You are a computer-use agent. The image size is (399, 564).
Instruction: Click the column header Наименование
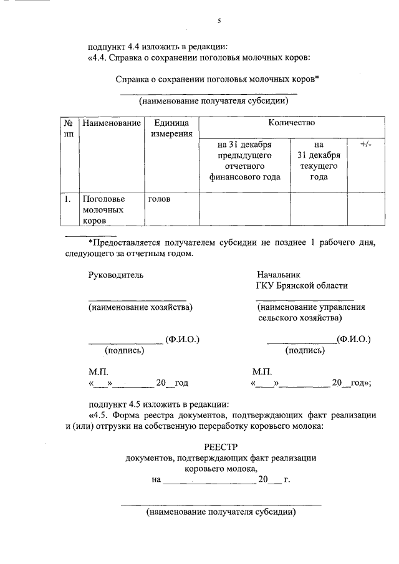point(111,123)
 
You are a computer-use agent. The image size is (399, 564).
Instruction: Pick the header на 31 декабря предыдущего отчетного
point(244,160)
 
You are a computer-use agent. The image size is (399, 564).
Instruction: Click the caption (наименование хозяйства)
point(140,307)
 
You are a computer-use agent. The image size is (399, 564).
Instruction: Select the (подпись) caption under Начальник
point(304,350)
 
